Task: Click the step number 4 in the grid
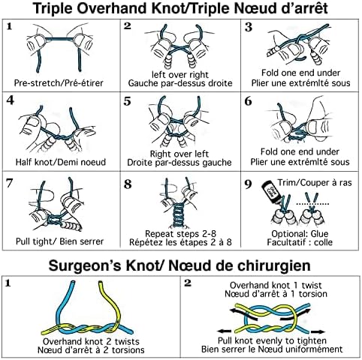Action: pos(11,100)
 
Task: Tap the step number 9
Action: pos(248,184)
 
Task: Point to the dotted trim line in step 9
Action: pos(312,204)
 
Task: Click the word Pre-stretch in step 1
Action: pos(37,83)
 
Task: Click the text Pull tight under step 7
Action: pos(33,241)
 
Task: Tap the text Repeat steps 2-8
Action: pos(180,234)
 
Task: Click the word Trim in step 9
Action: pos(286,183)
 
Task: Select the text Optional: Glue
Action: pos(300,234)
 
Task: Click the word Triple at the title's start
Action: pos(53,8)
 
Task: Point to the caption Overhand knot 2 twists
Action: pos(91,341)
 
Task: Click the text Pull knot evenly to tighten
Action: pos(272,340)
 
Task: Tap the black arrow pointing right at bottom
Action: pos(318,331)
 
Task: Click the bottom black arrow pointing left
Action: pos(225,331)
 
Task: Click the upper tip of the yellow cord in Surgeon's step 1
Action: pos(101,283)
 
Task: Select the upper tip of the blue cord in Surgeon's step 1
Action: pos(73,283)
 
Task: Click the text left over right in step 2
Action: pos(180,74)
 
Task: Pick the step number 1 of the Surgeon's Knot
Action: pos(8,283)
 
